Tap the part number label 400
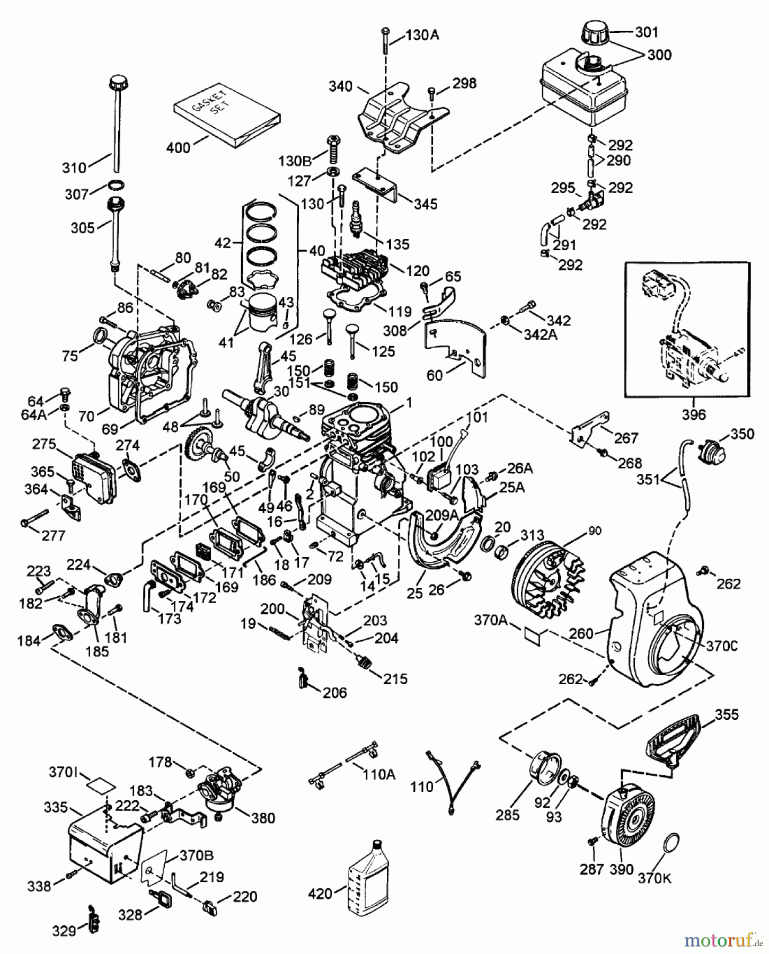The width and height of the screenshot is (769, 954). (x=178, y=147)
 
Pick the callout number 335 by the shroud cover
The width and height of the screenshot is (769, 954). (x=56, y=807)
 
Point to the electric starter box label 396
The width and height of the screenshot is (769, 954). (x=693, y=414)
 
